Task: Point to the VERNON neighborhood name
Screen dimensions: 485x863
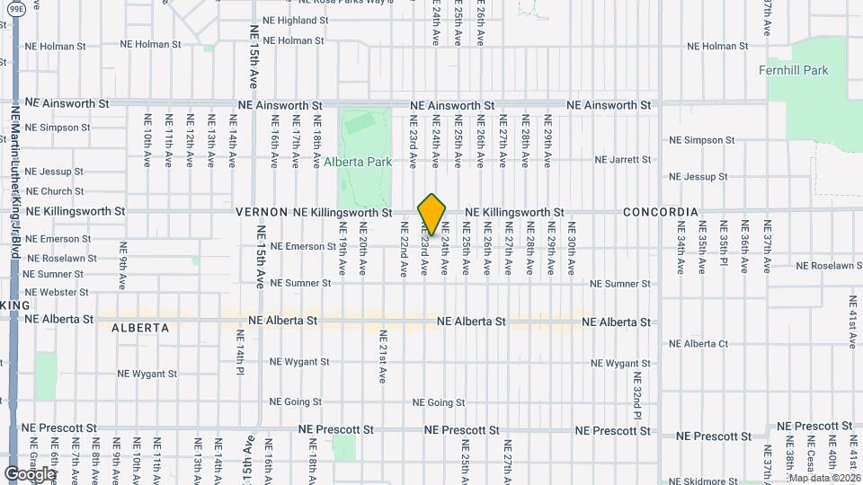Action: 262,213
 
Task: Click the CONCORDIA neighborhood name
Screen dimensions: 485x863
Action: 661,212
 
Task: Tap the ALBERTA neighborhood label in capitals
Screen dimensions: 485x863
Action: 140,328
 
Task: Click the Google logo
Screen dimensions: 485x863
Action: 30,473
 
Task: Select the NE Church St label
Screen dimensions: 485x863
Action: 55,191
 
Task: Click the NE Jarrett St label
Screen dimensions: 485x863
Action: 623,160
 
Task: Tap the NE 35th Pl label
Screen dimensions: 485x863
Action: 723,247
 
